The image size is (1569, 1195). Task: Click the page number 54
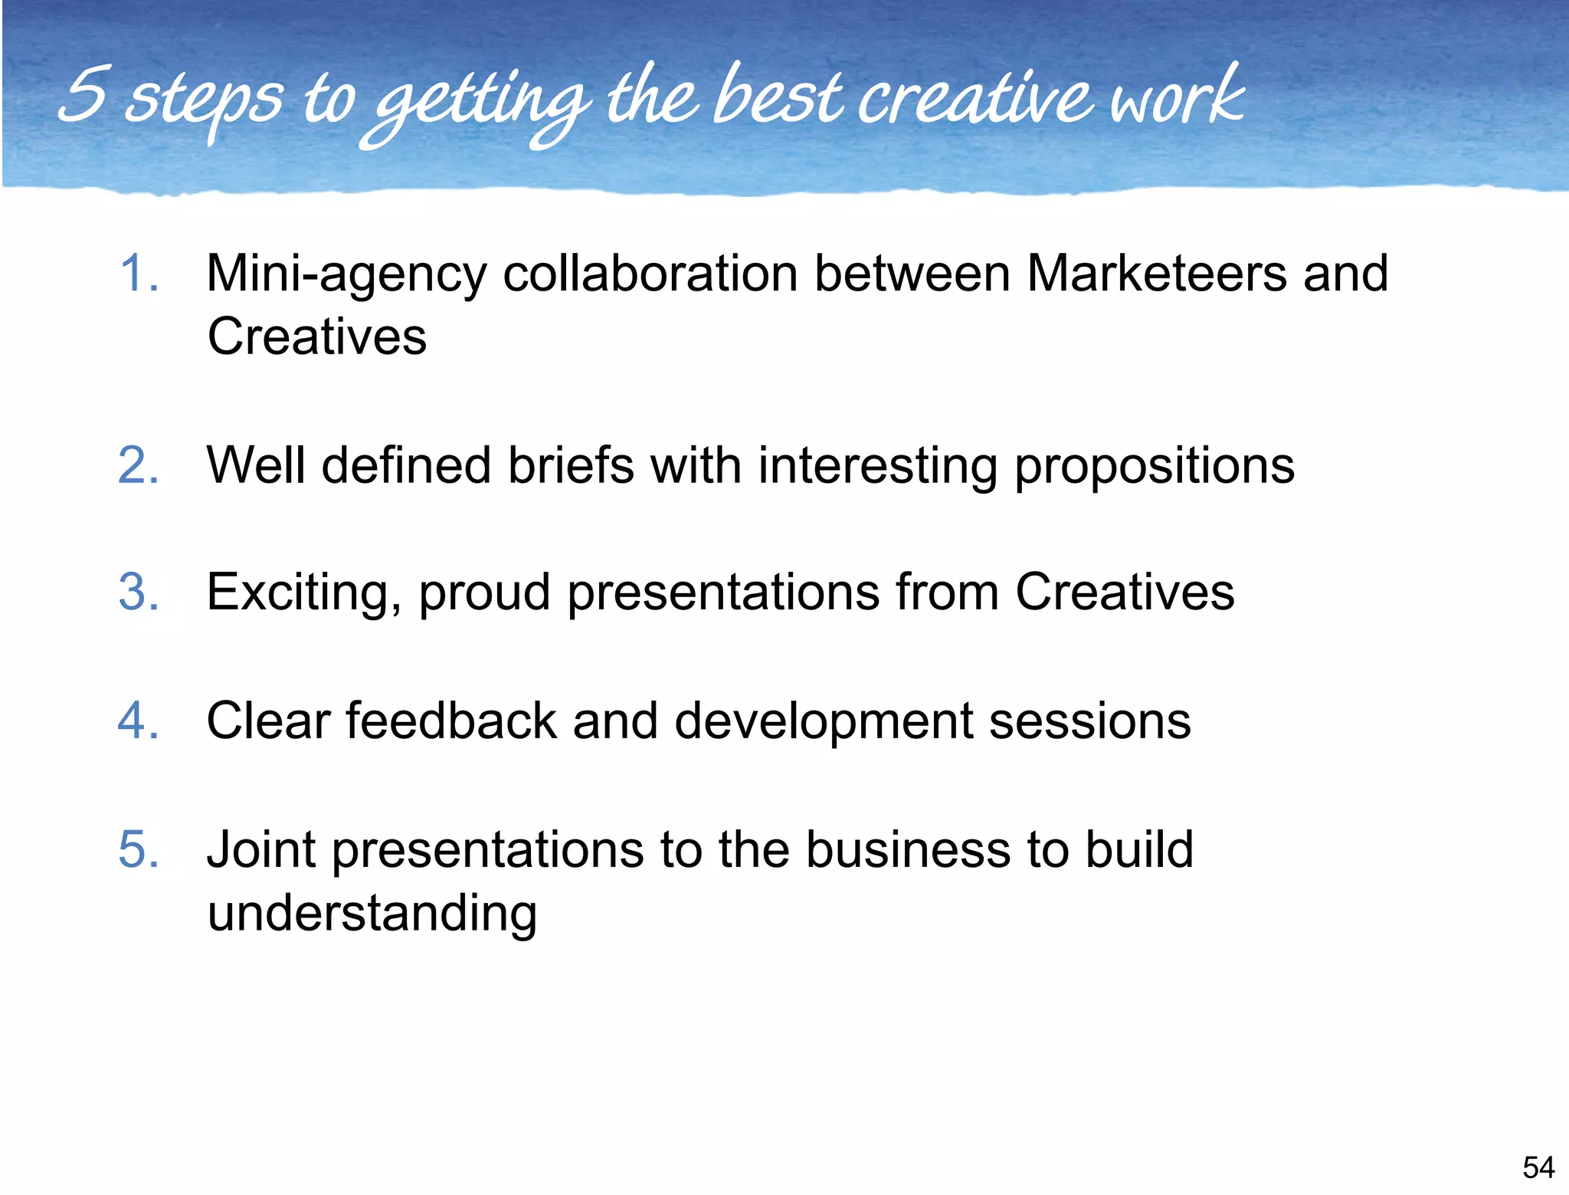[x=1538, y=1167]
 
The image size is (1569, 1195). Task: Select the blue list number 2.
[x=139, y=465]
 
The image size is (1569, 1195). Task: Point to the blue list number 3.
[x=139, y=592]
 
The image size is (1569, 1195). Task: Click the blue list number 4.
[x=139, y=721]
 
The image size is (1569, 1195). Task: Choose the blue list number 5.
[x=139, y=849]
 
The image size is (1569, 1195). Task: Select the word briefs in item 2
[x=571, y=465]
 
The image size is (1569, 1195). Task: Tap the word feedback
[x=451, y=721]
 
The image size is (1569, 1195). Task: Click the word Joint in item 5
[x=260, y=849]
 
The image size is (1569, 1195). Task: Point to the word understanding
[x=372, y=914]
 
